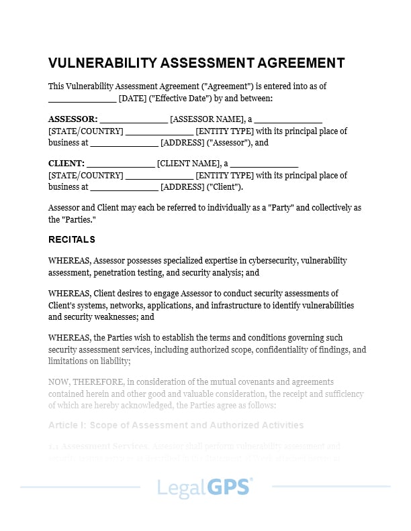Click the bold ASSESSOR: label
pyautogui.click(x=73, y=119)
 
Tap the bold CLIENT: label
pyautogui.click(x=66, y=164)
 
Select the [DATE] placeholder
pyautogui.click(x=132, y=99)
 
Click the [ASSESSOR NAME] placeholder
pyautogui.click(x=207, y=119)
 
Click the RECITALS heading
pyautogui.click(x=72, y=239)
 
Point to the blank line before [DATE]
pyautogui.click(x=82, y=99)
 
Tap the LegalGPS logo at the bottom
pyautogui.click(x=205, y=487)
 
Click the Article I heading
pyautogui.click(x=176, y=425)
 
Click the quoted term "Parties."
pyautogui.click(x=81, y=219)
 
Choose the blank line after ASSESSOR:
pyautogui.click(x=134, y=119)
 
